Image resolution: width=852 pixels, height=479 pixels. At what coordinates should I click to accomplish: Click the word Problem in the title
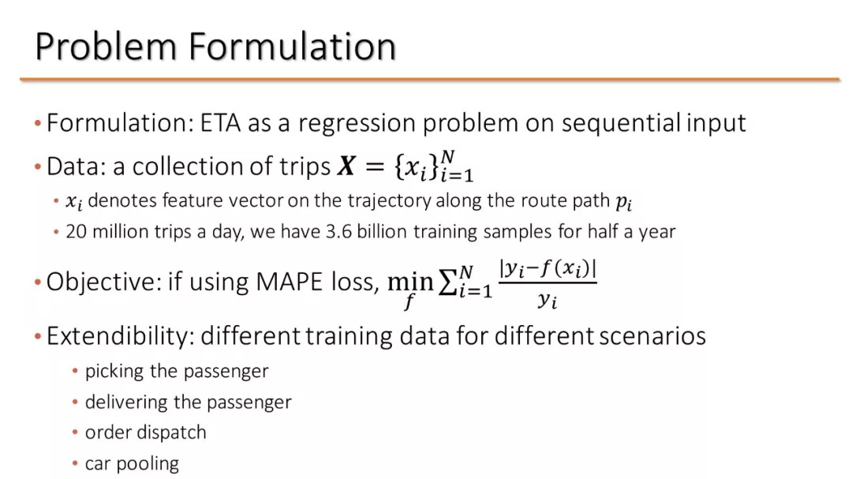click(106, 47)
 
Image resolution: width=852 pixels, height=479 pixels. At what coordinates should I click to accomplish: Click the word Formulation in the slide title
click(293, 46)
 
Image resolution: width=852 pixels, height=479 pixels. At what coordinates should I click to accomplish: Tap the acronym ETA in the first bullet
click(221, 123)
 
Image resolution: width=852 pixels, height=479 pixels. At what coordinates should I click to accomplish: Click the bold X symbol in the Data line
click(346, 166)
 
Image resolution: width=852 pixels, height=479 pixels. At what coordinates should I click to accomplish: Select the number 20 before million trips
click(76, 232)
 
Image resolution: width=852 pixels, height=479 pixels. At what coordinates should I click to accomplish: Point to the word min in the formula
click(410, 282)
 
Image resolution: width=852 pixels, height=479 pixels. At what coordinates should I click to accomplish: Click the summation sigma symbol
click(447, 282)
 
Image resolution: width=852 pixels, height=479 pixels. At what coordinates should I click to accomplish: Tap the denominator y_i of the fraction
click(547, 300)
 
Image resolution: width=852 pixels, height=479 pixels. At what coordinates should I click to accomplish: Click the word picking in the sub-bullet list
click(114, 372)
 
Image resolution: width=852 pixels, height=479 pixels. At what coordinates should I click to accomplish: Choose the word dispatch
click(176, 432)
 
